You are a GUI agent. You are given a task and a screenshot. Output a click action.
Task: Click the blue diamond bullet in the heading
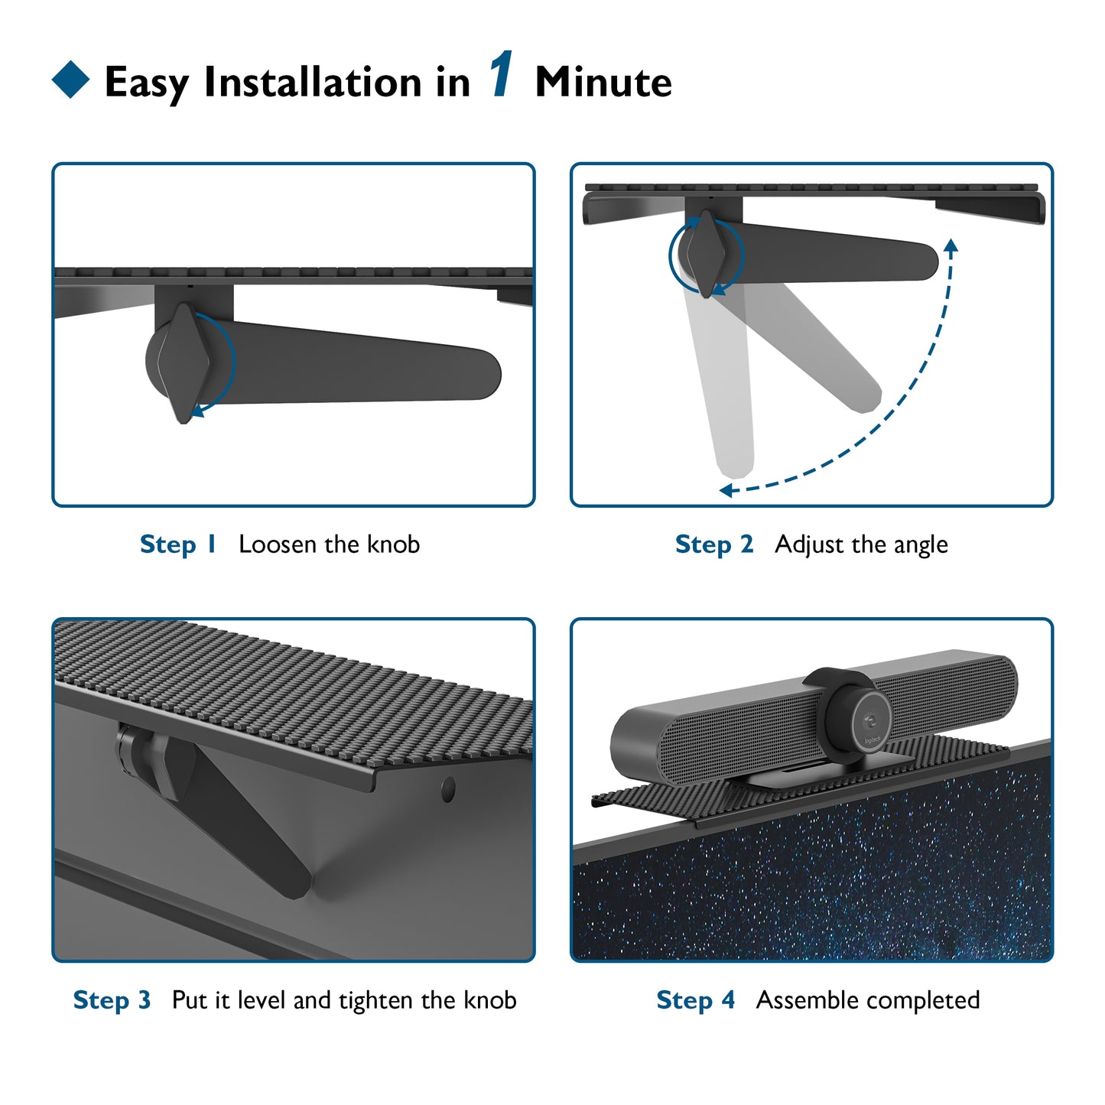[x=70, y=80]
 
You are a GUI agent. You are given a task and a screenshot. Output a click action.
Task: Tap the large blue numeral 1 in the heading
[x=501, y=73]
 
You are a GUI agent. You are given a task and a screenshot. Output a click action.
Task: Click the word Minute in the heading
[x=603, y=83]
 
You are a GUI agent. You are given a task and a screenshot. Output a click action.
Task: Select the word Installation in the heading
[x=313, y=83]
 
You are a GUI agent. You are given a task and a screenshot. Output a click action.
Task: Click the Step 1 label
[x=177, y=544]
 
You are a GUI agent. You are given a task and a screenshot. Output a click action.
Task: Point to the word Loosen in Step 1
[x=277, y=544]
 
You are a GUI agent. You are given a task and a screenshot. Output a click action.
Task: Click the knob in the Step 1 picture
[x=183, y=363]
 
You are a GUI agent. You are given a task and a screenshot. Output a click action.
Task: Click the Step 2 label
[x=714, y=544]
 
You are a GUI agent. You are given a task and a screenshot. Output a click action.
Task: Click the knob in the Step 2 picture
[x=706, y=253]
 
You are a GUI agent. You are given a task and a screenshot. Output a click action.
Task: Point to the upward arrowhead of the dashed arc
[x=951, y=245]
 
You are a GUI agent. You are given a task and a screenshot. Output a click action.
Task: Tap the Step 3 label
[x=112, y=1000]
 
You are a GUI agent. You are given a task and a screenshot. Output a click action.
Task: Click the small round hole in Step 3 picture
[x=448, y=790]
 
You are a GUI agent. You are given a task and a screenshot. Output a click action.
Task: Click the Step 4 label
[x=696, y=1000]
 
